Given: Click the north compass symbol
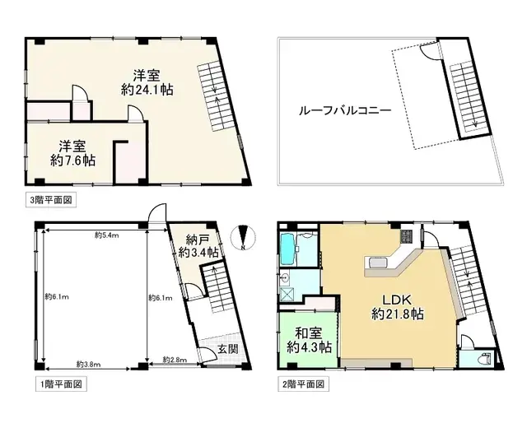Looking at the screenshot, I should [x=243, y=236].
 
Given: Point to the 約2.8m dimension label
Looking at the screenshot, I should [x=175, y=361].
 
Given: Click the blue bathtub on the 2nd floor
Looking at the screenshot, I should [x=288, y=248].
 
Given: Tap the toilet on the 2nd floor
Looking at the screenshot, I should [x=482, y=359].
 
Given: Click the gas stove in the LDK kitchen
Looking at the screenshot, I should [x=407, y=238].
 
